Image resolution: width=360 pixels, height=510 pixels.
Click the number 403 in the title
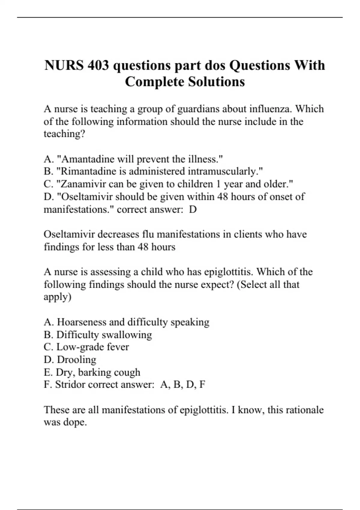[98, 65]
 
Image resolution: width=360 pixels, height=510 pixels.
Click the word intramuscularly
[225, 171]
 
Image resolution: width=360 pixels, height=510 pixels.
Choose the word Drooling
[76, 359]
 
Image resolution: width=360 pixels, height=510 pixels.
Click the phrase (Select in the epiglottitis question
[252, 284]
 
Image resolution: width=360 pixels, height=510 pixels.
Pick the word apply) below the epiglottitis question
[58, 297]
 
